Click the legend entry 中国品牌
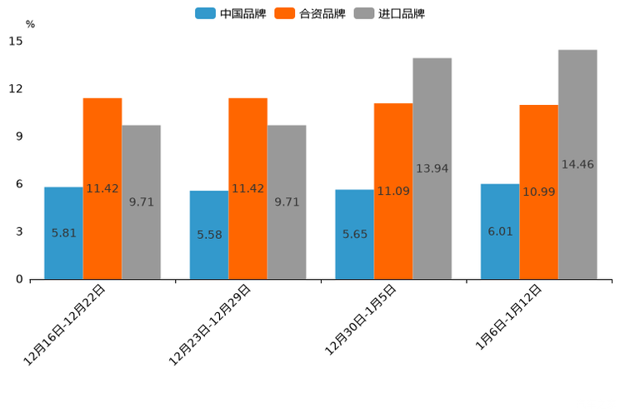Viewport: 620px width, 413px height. [x=231, y=13]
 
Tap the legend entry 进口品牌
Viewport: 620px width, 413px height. [x=389, y=13]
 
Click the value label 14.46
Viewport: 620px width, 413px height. [x=577, y=165]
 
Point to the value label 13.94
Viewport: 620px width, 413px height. [x=432, y=169]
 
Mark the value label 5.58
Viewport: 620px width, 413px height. [x=209, y=235]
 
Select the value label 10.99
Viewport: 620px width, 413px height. [x=538, y=192]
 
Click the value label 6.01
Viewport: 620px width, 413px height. [x=500, y=231]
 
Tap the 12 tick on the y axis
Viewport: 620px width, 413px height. [x=17, y=88]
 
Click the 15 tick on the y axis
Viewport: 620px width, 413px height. [x=17, y=41]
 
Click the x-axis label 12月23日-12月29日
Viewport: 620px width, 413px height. [x=210, y=325]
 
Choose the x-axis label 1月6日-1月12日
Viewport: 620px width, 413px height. [x=509, y=317]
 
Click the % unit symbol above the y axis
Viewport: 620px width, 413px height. [x=30, y=24]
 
